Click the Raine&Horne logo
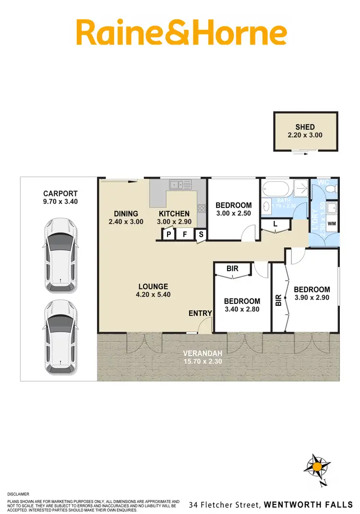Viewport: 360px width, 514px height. [x=181, y=32]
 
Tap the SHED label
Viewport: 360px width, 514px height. [x=305, y=127]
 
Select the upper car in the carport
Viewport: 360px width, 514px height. [x=60, y=256]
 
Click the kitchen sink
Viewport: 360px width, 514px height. [x=180, y=184]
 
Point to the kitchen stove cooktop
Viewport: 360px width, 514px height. [x=202, y=209]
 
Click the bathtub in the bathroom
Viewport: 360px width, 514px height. [x=276, y=188]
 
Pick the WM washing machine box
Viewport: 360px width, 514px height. [x=331, y=224]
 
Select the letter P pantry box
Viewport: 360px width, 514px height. [x=168, y=235]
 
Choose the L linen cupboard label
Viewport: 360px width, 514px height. [x=275, y=224]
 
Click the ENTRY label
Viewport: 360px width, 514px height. [x=200, y=313]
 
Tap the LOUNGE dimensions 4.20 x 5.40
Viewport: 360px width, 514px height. [x=154, y=295]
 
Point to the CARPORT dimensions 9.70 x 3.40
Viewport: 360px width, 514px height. [x=60, y=202]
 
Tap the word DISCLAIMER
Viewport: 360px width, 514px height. [x=18, y=494]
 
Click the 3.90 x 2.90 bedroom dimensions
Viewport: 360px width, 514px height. [x=312, y=298]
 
